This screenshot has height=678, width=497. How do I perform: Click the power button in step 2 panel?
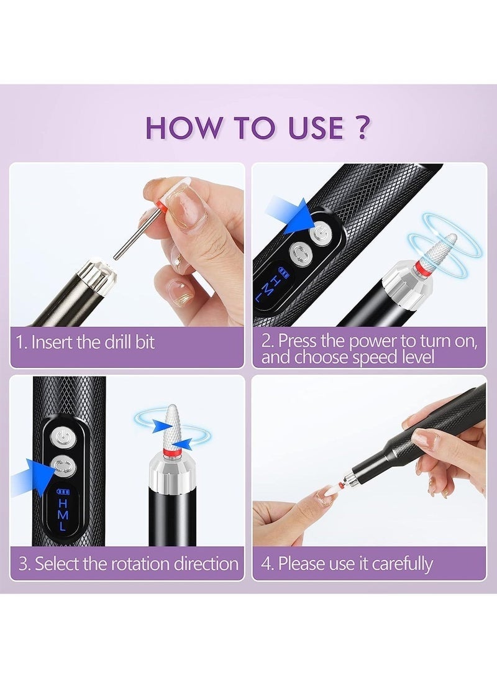[x=320, y=232]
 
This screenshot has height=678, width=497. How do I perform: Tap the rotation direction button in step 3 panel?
[x=63, y=467]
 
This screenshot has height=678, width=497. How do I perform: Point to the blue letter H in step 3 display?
[x=63, y=504]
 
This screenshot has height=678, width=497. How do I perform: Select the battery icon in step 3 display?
[x=63, y=492]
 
